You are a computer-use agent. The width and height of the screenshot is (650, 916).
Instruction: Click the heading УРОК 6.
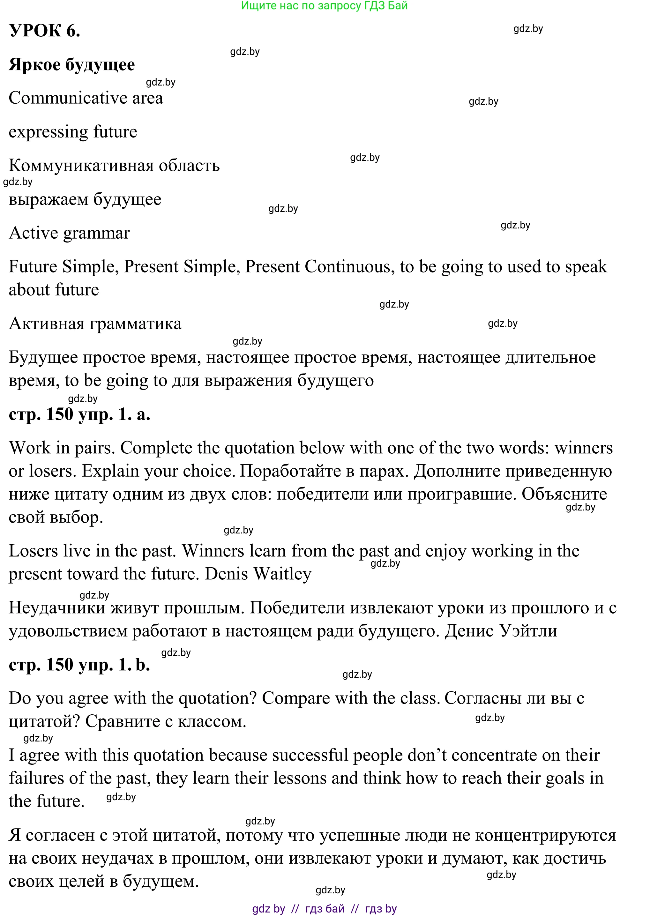pyautogui.click(x=44, y=31)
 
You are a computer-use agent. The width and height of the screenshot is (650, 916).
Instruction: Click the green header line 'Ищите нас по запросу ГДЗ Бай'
pyautogui.click(x=324, y=6)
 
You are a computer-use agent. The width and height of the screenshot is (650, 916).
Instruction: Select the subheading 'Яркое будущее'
pyautogui.click(x=72, y=65)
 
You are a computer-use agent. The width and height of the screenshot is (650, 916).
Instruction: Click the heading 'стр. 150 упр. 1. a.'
pyautogui.click(x=79, y=414)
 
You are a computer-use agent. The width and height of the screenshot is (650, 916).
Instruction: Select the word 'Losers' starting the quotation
pyautogui.click(x=33, y=551)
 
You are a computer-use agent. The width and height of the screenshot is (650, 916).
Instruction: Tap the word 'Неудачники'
pyautogui.click(x=57, y=608)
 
